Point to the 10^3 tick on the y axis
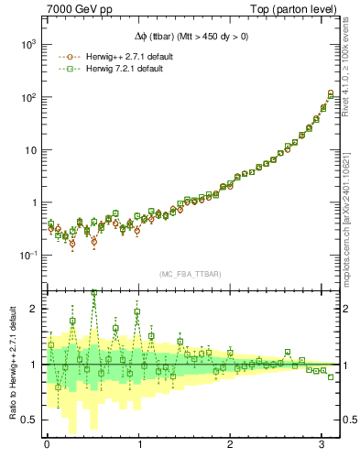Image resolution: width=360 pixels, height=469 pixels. [26, 44]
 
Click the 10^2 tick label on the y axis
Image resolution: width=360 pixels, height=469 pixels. [26, 97]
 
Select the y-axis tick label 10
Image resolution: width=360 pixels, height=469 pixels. [27, 149]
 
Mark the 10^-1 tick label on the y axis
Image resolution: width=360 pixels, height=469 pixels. [26, 256]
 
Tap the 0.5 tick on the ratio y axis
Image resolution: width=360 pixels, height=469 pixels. [28, 420]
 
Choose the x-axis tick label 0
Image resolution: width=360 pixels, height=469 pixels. [47, 446]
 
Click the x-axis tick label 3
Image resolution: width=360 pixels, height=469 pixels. [322, 446]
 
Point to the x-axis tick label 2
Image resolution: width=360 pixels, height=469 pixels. [231, 446]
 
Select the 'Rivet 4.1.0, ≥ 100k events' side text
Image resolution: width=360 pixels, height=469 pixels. [352, 72]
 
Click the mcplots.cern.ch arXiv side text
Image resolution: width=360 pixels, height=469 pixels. [352, 211]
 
